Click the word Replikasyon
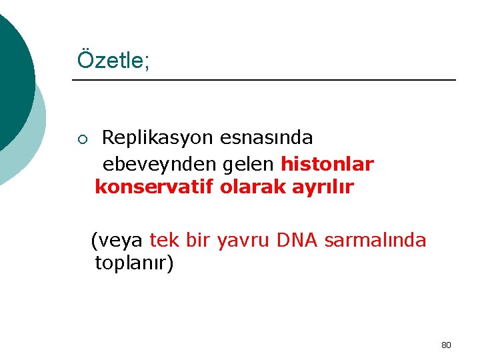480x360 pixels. pos(156,138)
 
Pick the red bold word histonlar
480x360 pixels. pos(327,163)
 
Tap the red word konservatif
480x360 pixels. pos(154,187)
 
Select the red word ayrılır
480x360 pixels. pos(323,187)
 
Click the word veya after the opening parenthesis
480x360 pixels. pos(121,239)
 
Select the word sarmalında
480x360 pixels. pos(375,239)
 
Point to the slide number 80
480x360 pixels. pos(446,345)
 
